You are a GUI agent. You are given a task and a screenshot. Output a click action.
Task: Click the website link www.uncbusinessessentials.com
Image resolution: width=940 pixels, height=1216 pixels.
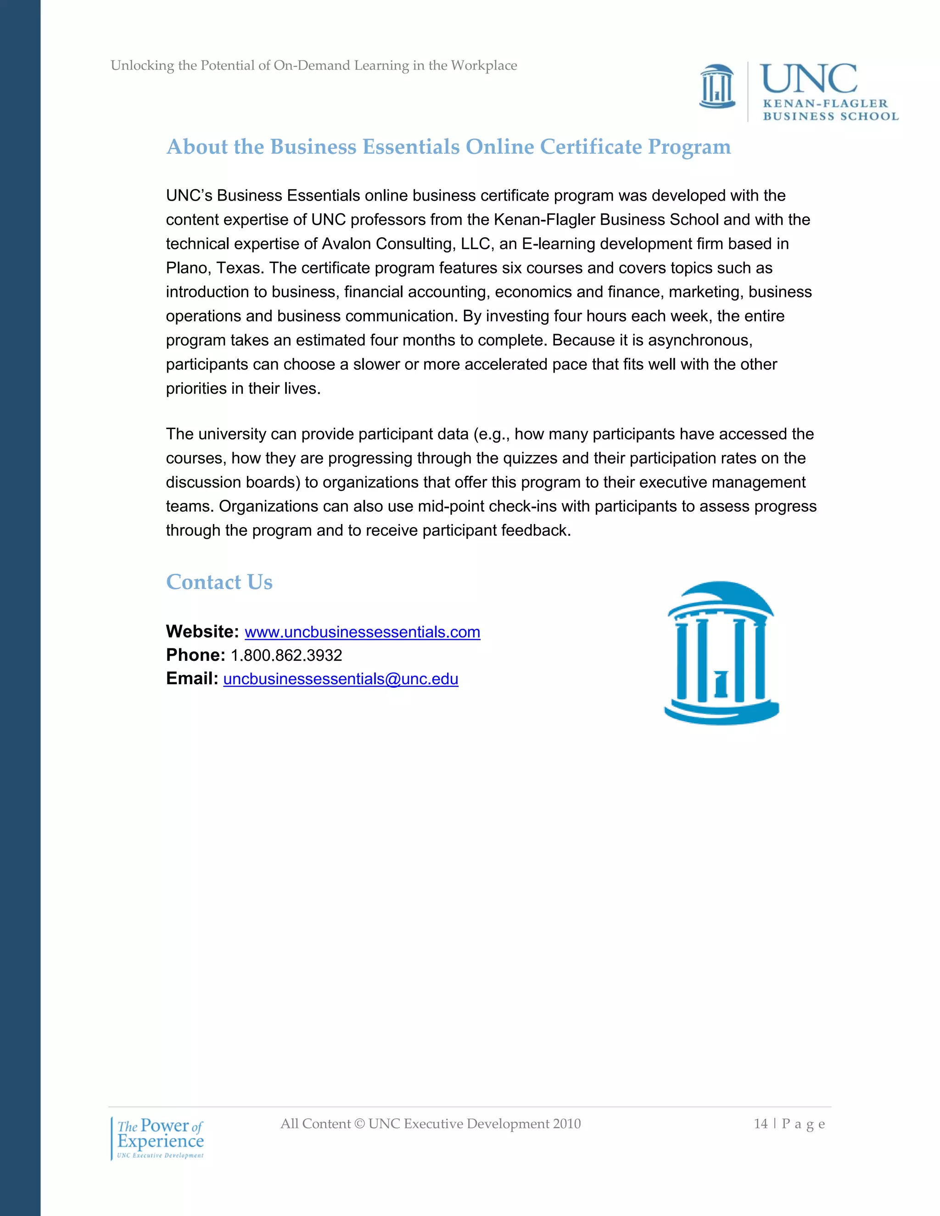pyautogui.click(x=362, y=632)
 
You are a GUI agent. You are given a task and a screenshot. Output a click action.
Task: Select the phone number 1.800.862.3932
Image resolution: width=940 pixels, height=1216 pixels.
pyautogui.click(x=286, y=655)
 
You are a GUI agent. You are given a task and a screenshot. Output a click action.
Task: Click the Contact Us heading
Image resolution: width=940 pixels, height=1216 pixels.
pyautogui.click(x=219, y=582)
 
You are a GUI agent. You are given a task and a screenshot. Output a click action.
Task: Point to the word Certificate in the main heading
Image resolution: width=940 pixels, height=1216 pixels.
pyautogui.click(x=591, y=147)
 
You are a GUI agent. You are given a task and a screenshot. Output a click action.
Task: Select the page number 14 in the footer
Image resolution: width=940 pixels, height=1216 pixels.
pyautogui.click(x=760, y=1124)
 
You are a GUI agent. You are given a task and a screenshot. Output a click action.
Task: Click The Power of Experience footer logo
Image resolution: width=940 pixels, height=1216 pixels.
pyautogui.click(x=160, y=1138)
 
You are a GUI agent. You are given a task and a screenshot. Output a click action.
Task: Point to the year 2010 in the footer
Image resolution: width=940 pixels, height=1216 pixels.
pyautogui.click(x=566, y=1124)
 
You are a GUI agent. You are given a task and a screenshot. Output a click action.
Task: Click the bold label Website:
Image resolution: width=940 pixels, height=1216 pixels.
pyautogui.click(x=202, y=631)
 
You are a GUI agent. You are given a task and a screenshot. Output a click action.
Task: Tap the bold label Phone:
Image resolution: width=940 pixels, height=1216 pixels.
pyautogui.click(x=196, y=655)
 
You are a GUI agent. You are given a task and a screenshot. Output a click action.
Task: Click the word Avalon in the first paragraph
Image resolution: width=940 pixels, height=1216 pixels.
pyautogui.click(x=347, y=244)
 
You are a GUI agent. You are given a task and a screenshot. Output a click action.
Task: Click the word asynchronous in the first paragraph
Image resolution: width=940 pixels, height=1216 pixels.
pyautogui.click(x=699, y=340)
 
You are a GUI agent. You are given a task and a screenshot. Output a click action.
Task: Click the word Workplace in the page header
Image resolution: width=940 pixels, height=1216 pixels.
pyautogui.click(x=483, y=66)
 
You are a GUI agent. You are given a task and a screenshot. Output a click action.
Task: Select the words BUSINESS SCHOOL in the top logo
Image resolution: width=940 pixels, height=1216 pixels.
pyautogui.click(x=830, y=117)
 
